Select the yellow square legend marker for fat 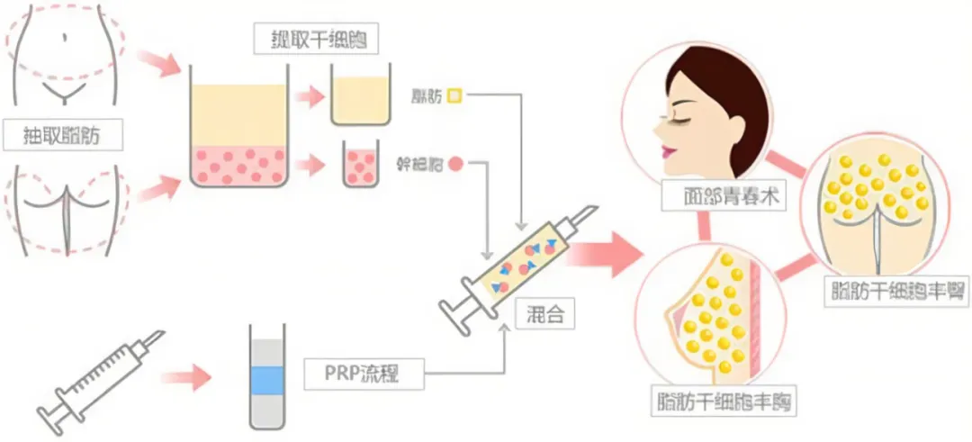(x=454, y=95)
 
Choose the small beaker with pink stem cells (x=360, y=166)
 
